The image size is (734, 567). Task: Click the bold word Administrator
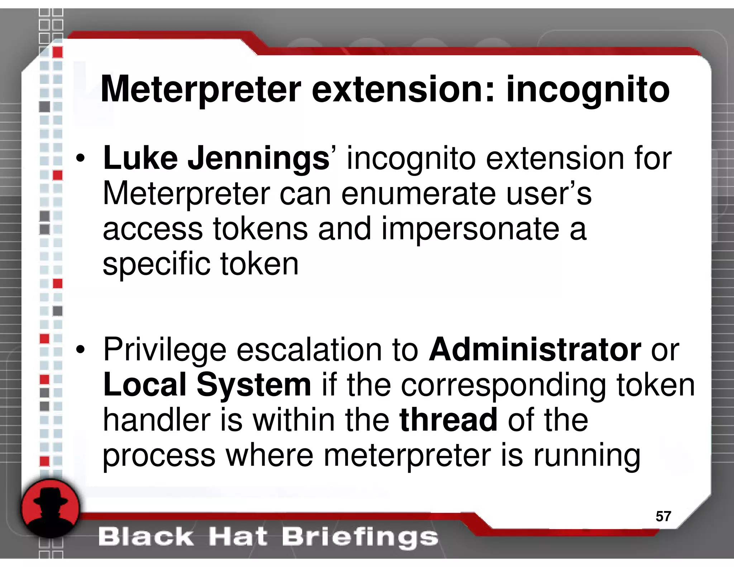pyautogui.click(x=535, y=349)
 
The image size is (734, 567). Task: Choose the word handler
pyautogui.click(x=157, y=420)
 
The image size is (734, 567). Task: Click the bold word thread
pyautogui.click(x=448, y=420)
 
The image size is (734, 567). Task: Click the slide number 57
pyautogui.click(x=663, y=516)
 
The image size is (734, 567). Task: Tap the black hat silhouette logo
pyautogui.click(x=50, y=508)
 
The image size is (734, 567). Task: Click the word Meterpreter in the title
pyautogui.click(x=201, y=90)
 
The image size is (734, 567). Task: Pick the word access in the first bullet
pyautogui.click(x=153, y=229)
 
